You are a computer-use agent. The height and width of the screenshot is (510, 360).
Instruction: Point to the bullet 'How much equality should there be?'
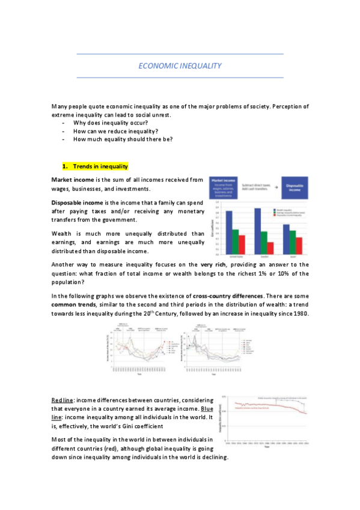point(123,139)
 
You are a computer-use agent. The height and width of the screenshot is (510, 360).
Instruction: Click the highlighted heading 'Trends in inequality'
point(100,166)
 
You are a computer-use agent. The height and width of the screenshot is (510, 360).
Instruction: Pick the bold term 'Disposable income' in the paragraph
point(77,203)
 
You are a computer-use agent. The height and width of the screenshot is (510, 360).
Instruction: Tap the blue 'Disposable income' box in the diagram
point(293,187)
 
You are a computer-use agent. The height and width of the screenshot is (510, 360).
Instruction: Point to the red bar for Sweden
point(270,248)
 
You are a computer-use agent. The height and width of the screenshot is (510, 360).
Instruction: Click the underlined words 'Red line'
point(61,400)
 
